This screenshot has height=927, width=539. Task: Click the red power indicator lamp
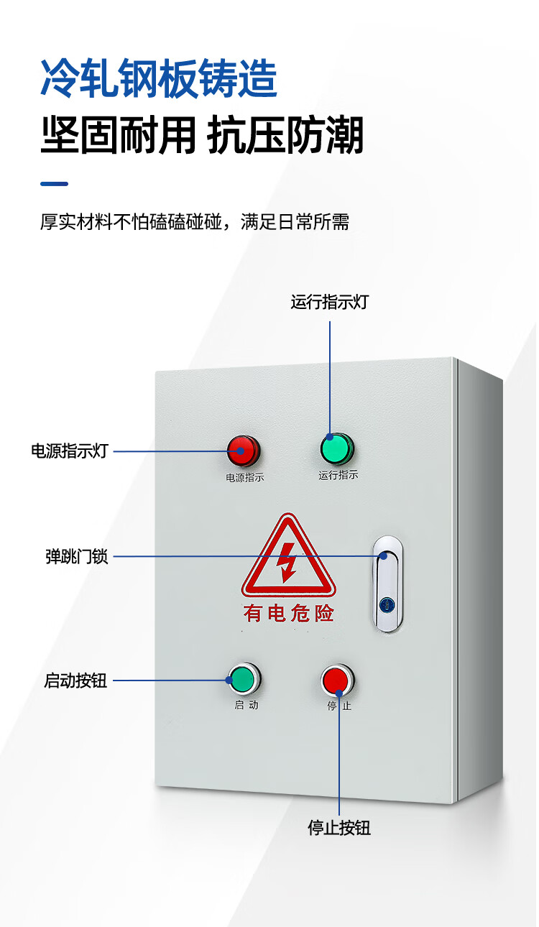click(243, 451)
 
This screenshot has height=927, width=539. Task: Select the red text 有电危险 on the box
click(288, 613)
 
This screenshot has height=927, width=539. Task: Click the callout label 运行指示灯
click(329, 302)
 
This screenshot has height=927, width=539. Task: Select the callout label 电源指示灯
click(69, 451)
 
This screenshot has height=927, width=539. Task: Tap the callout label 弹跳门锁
click(77, 557)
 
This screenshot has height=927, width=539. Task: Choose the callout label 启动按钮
click(75, 681)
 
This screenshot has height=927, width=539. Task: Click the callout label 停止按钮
click(339, 828)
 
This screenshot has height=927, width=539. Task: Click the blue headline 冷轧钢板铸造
click(159, 79)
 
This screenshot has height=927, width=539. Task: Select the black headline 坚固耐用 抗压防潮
click(202, 136)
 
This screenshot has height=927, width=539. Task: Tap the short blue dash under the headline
click(54, 184)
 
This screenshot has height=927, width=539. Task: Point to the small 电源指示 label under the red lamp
click(244, 477)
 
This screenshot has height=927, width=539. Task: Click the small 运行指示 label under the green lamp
click(338, 475)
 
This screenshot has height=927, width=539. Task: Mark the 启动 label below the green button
click(246, 705)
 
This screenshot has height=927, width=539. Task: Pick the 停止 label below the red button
click(339, 706)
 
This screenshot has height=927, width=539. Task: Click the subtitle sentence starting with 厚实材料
click(194, 222)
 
